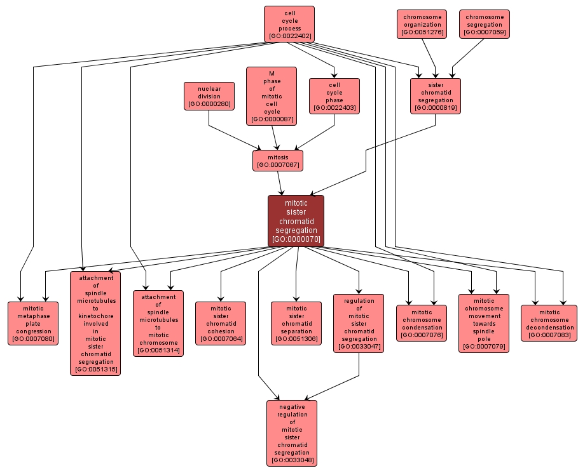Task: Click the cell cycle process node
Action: (289, 24)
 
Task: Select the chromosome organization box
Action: (422, 24)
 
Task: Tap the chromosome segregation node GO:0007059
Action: (485, 24)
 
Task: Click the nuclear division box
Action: (209, 97)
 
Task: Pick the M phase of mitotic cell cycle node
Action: (272, 96)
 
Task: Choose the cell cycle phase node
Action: (334, 96)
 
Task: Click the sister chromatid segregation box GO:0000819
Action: (436, 96)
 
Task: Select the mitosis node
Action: (278, 161)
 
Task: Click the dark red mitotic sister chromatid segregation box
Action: (296, 221)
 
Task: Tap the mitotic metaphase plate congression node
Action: (34, 323)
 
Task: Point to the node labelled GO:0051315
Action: (95, 323)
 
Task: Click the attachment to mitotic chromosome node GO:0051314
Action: (158, 323)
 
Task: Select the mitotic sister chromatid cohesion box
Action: (221, 323)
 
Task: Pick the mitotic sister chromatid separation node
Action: (296, 323)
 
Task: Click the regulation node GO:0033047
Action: (359, 323)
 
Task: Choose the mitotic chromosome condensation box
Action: (422, 323)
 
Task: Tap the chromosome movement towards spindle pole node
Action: (484, 323)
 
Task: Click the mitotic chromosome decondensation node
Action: (549, 323)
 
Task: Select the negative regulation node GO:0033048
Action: (292, 433)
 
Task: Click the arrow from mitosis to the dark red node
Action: (280, 183)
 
